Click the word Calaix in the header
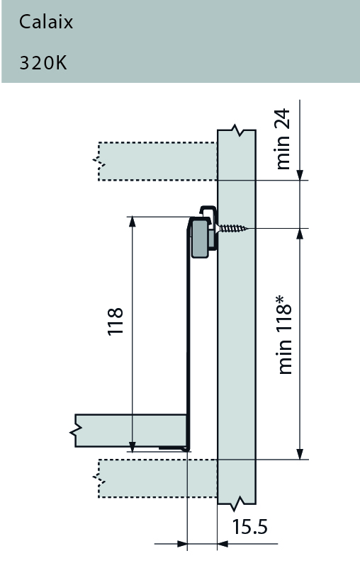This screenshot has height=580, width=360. click(46, 22)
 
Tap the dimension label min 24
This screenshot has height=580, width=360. click(285, 144)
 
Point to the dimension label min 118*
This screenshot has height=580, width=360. click(286, 336)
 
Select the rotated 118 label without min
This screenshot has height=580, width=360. click(115, 321)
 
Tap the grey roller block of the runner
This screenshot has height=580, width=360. click(201, 237)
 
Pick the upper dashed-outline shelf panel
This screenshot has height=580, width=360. click(156, 161)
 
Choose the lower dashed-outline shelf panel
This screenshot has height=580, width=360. click(156, 478)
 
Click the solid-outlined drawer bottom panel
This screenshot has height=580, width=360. click(128, 431)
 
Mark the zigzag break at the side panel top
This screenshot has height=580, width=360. click(236, 132)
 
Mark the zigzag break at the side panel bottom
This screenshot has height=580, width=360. click(236, 504)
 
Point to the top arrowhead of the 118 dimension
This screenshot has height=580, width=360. click(132, 222)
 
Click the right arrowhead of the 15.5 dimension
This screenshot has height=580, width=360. click(223, 544)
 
